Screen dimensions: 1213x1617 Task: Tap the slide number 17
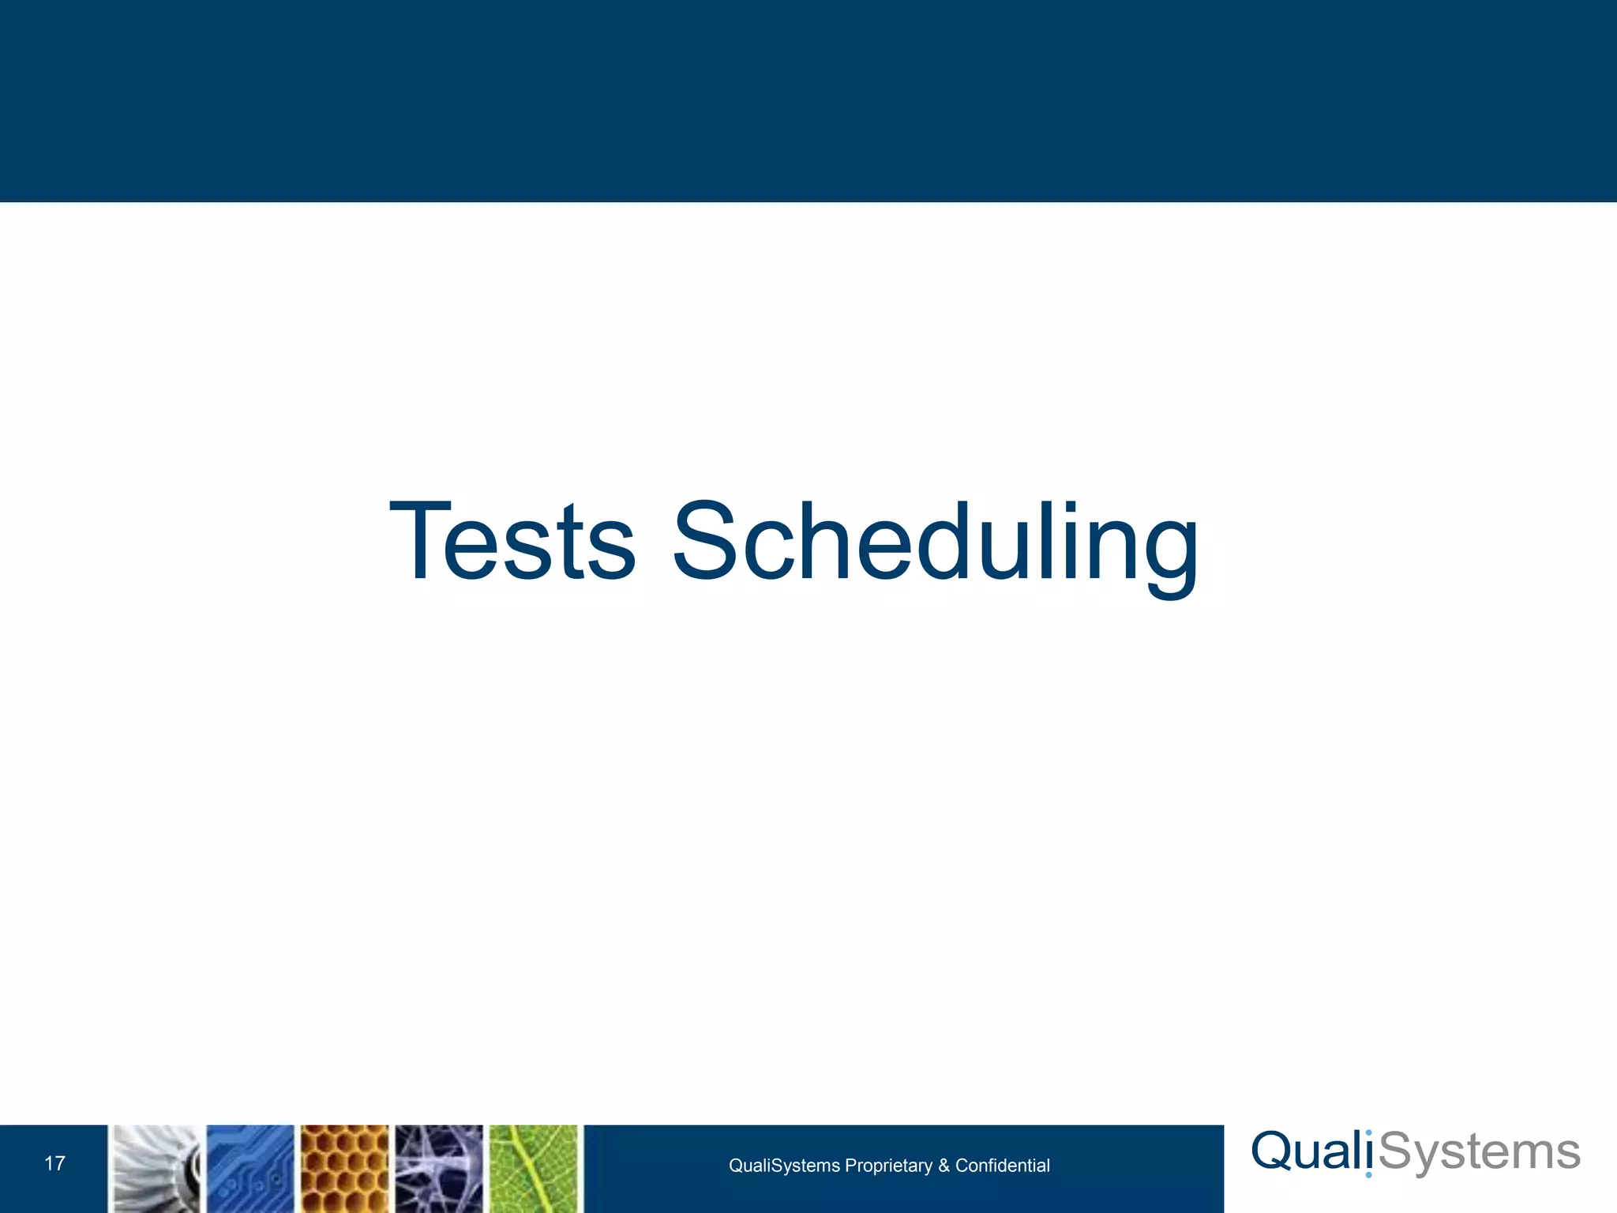[54, 1163]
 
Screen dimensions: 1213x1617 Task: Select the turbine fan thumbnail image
[156, 1169]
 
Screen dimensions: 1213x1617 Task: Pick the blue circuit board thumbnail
[250, 1169]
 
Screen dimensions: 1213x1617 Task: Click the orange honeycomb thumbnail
[345, 1169]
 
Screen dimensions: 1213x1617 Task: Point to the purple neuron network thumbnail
[439, 1169]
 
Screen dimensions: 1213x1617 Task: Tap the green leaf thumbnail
[534, 1169]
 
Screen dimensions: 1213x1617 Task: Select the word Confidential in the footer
[1002, 1166]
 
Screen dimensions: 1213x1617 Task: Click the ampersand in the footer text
[944, 1166]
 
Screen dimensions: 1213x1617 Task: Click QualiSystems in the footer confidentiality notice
[784, 1166]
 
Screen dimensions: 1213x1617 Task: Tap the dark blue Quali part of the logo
[1311, 1151]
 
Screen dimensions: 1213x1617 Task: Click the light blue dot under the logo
[1368, 1174]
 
